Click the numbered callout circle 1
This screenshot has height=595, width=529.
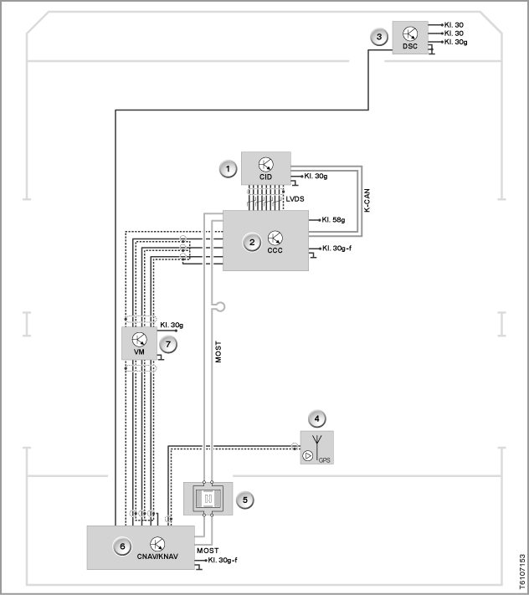coord(228,169)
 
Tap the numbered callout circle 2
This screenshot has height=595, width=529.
coord(252,242)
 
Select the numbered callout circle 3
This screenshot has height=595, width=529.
coord(378,37)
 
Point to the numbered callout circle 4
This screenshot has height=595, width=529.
coord(317,419)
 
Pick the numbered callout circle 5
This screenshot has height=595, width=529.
coord(244,500)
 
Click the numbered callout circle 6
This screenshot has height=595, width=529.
coord(122,546)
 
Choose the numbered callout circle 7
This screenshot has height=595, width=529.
coord(168,345)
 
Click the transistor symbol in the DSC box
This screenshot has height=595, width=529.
coord(410,33)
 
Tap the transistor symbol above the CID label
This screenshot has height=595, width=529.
coord(266,165)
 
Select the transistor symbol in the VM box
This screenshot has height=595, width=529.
coord(139,339)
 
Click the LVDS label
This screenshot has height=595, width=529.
coord(295,199)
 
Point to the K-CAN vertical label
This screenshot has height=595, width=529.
coord(367,201)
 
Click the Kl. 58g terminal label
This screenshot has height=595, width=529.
coord(333,220)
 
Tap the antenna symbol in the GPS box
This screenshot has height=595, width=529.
coord(317,447)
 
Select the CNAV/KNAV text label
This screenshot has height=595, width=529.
coord(157,557)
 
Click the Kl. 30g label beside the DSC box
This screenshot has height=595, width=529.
coord(455,42)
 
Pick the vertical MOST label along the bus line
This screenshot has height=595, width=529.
coord(218,351)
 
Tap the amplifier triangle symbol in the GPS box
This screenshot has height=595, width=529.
coord(308,455)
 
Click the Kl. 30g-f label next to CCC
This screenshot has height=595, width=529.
coord(336,249)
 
